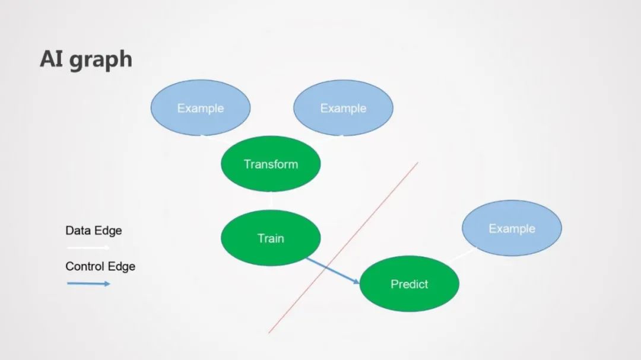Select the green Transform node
[x=271, y=164]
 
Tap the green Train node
[x=271, y=238]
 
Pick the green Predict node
[x=409, y=284]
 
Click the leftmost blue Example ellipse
[x=201, y=108]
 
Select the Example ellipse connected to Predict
[x=512, y=228]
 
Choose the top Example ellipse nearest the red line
[x=343, y=108]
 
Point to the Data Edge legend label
[x=94, y=231]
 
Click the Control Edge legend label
[x=100, y=266]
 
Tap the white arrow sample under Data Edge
[x=88, y=247]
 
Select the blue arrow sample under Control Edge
[x=88, y=283]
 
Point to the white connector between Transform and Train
[x=271, y=200]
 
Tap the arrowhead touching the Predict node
[x=356, y=282]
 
